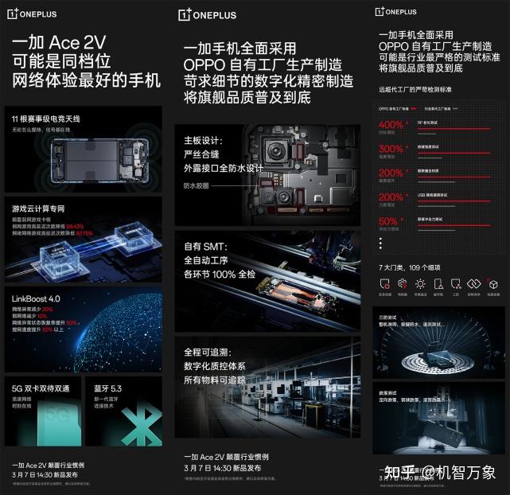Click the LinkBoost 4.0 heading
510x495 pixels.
[x=36, y=298]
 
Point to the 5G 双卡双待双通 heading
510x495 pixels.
[x=41, y=388]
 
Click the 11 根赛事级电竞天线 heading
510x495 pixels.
[x=42, y=118]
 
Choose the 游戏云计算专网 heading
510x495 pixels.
[x=39, y=208]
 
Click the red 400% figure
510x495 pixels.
[x=392, y=125]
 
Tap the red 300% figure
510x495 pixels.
[x=392, y=149]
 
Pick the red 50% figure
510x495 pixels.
[x=389, y=221]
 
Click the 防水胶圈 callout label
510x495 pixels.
[x=195, y=185]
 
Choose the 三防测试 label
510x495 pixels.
[x=389, y=317]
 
